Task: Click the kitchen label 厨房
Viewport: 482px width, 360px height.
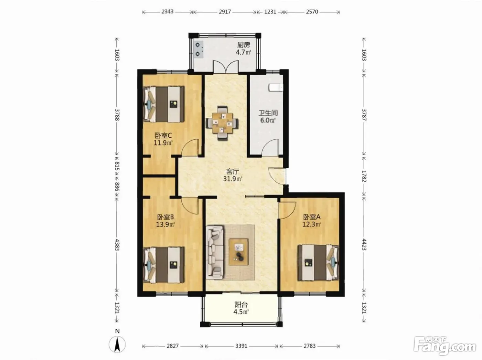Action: (243, 45)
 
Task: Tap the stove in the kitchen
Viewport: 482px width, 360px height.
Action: (199, 50)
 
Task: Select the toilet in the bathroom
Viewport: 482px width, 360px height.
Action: (276, 87)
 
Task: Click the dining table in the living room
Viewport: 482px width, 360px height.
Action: (222, 123)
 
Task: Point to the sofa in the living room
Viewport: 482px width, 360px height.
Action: (215, 253)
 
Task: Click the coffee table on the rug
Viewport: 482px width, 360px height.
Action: (239, 252)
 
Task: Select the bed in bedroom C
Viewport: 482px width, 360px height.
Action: (164, 104)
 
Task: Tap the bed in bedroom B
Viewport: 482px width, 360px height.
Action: (164, 265)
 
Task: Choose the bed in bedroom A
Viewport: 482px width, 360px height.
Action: (318, 263)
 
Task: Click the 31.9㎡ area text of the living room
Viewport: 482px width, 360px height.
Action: (232, 179)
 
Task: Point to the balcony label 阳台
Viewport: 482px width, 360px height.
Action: (241, 305)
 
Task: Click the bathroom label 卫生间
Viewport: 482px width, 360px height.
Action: (268, 113)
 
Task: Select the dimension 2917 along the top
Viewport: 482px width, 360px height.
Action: (225, 12)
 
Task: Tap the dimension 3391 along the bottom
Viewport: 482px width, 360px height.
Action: (241, 346)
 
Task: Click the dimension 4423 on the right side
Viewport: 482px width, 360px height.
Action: (364, 244)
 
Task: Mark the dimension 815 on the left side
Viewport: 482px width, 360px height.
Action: (117, 166)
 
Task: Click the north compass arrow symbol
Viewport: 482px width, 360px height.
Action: (117, 344)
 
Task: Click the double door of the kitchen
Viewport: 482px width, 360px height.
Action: (226, 66)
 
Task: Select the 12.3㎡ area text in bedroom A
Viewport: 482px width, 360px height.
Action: (312, 224)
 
